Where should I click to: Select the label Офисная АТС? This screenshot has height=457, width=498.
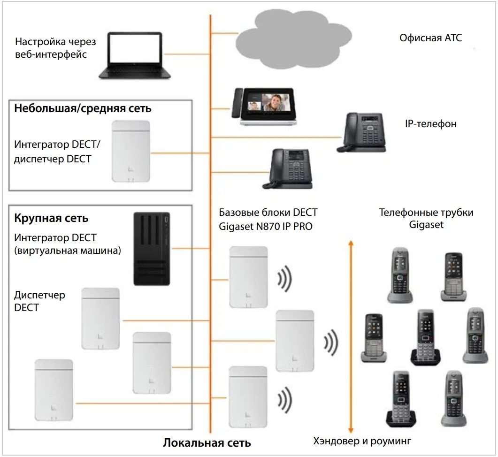tap(430, 38)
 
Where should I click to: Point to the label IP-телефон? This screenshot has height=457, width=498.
tap(430, 124)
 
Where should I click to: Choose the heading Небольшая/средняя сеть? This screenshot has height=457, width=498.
tap(83, 109)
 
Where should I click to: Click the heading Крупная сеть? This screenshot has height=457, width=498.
tap(52, 218)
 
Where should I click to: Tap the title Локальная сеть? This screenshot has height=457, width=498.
tap(207, 442)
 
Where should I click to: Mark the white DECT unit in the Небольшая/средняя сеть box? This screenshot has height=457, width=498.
tap(130, 152)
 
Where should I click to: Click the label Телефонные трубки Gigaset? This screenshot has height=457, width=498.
tap(426, 219)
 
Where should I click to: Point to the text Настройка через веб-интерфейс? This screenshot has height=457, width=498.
tap(55, 48)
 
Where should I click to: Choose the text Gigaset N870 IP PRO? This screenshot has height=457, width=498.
tap(266, 226)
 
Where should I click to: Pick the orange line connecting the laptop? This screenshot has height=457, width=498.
tap(186, 54)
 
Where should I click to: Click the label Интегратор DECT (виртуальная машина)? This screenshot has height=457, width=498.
tap(68, 244)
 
